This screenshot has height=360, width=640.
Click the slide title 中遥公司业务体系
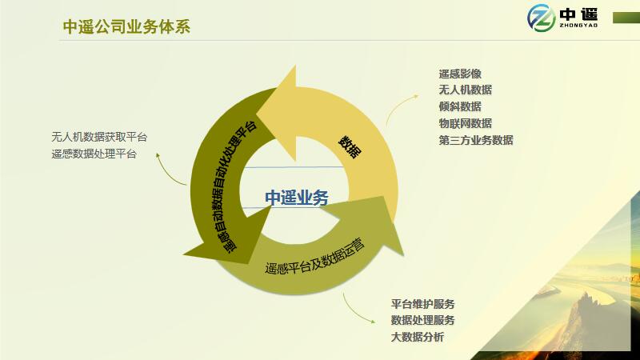126,27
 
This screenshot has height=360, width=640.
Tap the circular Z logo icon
541,18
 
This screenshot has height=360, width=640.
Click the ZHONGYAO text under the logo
578,26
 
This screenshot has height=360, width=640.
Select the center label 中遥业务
297,198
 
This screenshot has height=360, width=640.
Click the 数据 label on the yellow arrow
350,147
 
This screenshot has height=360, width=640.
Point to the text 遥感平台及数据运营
314,256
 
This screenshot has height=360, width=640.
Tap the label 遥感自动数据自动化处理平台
235,187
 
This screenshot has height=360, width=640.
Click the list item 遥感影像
460,74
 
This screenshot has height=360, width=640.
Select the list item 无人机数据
466,90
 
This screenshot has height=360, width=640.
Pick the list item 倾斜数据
460,106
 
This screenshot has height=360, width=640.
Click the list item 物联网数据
466,123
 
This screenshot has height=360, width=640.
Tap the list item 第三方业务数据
476,140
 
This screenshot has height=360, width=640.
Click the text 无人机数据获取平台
99,137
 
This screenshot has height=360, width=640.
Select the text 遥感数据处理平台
94,154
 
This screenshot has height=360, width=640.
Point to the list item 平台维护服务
423,304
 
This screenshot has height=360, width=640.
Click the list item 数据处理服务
423,321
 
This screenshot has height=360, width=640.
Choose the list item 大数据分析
418,337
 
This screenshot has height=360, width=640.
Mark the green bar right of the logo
626,18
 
